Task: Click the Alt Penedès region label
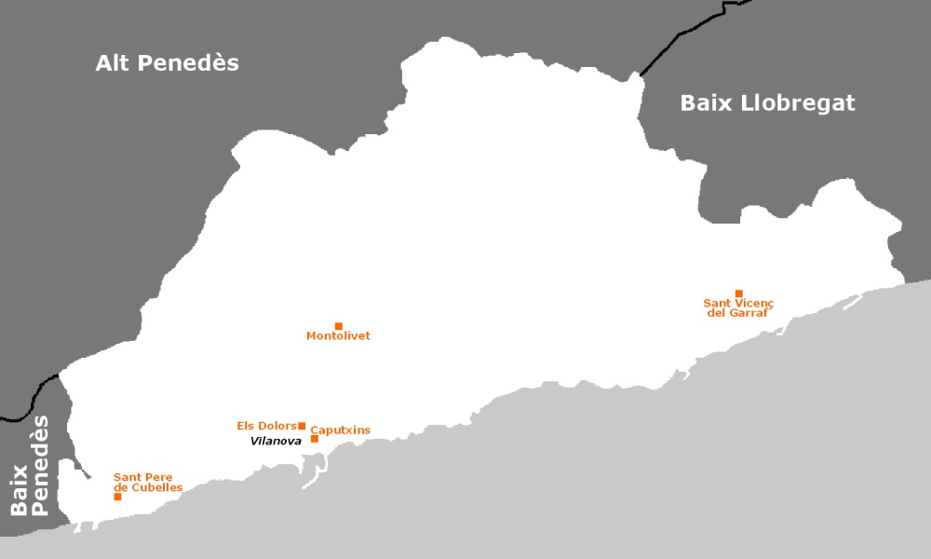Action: (x=167, y=63)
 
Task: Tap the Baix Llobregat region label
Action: (x=767, y=103)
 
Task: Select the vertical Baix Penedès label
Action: (x=30, y=466)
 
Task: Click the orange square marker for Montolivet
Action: (x=338, y=326)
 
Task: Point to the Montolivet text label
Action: (x=338, y=336)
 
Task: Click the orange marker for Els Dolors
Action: (x=302, y=426)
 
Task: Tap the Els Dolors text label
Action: (x=265, y=427)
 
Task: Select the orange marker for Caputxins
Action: (x=315, y=439)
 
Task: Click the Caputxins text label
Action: (x=340, y=430)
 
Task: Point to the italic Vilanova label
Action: (x=276, y=442)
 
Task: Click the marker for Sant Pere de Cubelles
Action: (x=117, y=497)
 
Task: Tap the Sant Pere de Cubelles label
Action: (x=148, y=483)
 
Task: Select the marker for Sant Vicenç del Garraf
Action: (x=738, y=293)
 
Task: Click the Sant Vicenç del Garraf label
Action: (x=738, y=308)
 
